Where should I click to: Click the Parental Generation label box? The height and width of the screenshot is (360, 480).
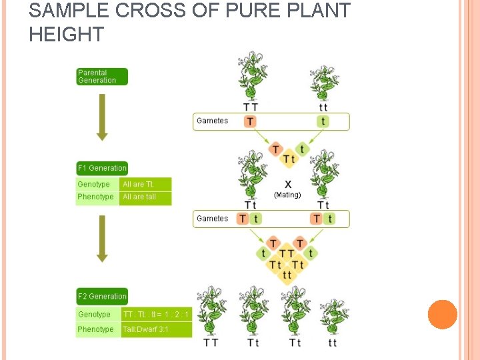(101, 77)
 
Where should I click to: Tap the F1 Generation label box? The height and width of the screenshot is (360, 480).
(101, 168)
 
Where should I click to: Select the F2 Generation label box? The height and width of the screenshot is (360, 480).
(101, 297)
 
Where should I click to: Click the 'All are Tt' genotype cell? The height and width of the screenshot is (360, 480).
(145, 184)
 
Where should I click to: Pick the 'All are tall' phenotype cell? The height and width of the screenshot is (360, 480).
(145, 197)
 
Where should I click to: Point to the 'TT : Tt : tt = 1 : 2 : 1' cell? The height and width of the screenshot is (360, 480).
(156, 315)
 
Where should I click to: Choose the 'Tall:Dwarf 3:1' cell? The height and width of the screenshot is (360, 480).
(156, 329)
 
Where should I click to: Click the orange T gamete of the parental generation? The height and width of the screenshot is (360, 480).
(250, 121)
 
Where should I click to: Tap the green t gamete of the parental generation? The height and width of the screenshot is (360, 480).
(323, 121)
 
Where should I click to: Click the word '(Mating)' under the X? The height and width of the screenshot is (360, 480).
(287, 195)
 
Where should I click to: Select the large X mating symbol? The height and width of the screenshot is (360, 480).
(288, 184)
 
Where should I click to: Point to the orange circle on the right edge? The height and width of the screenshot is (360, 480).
(442, 315)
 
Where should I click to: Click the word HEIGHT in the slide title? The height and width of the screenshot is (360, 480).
(67, 34)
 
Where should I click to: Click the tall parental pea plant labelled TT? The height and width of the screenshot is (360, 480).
(251, 77)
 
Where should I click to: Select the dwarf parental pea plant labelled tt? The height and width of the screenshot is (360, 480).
(324, 83)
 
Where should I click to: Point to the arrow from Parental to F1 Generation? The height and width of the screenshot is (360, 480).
(101, 117)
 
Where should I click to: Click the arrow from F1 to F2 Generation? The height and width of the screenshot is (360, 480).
(101, 239)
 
